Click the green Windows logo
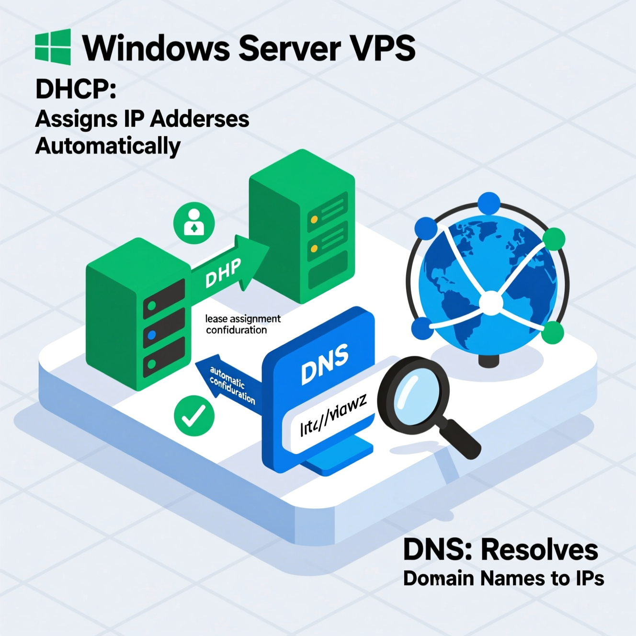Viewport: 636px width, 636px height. [53, 47]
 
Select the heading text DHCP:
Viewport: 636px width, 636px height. [76, 89]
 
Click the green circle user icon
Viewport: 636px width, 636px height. [194, 223]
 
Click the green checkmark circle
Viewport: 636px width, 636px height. [194, 415]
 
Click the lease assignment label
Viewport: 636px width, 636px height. [243, 319]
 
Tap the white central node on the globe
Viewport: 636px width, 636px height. [491, 303]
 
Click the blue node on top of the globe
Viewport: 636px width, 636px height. [488, 203]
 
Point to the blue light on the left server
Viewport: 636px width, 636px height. [152, 335]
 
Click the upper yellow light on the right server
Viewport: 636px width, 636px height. [314, 220]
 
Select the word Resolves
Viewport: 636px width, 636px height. [539, 550]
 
